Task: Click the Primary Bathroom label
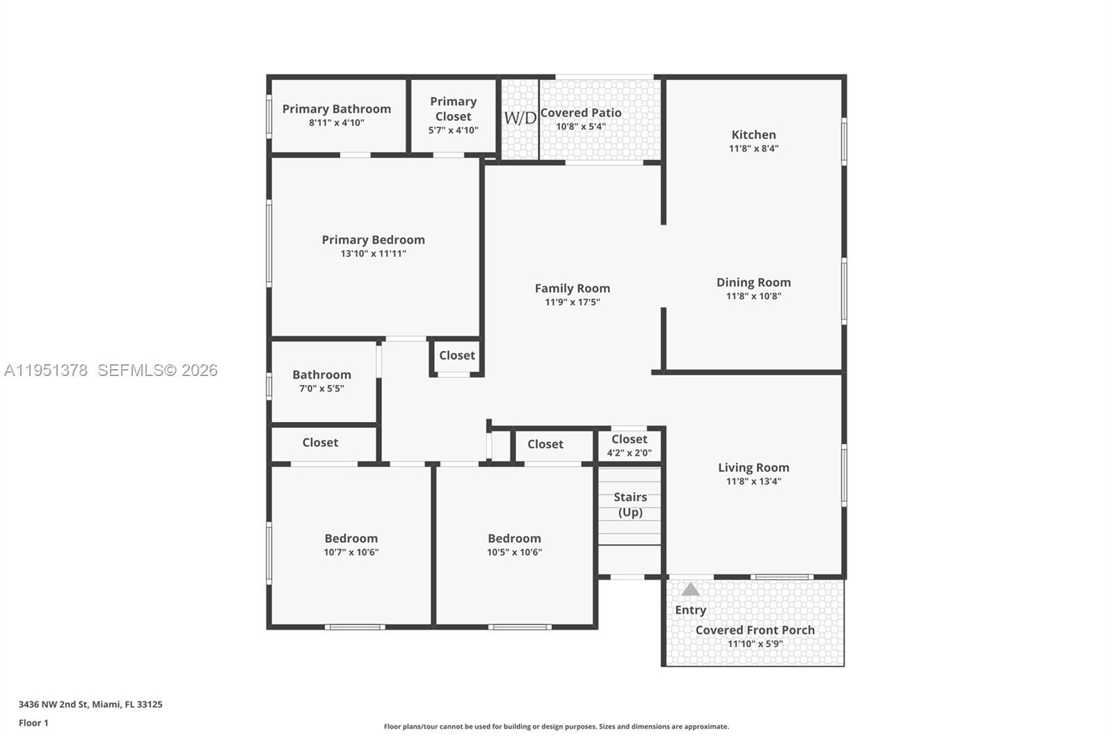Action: (x=337, y=109)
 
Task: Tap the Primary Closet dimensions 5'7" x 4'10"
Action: (x=453, y=130)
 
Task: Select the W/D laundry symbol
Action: (x=520, y=117)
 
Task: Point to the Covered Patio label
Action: (x=581, y=113)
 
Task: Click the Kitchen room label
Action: (x=753, y=135)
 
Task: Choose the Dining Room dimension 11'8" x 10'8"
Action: (x=753, y=296)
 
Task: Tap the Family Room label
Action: (x=572, y=288)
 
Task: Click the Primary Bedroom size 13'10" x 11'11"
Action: (x=373, y=254)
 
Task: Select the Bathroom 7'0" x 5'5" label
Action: (x=321, y=381)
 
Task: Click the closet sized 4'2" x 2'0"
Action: (x=629, y=446)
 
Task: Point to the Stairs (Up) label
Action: (x=630, y=505)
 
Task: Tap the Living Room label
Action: (x=753, y=468)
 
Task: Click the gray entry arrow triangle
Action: (x=690, y=590)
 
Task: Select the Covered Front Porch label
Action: (x=755, y=630)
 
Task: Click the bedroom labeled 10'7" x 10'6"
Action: (x=351, y=545)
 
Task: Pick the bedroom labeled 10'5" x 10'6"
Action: (x=514, y=545)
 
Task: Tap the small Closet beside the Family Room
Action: (x=457, y=355)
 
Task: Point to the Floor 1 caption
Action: (x=33, y=723)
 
